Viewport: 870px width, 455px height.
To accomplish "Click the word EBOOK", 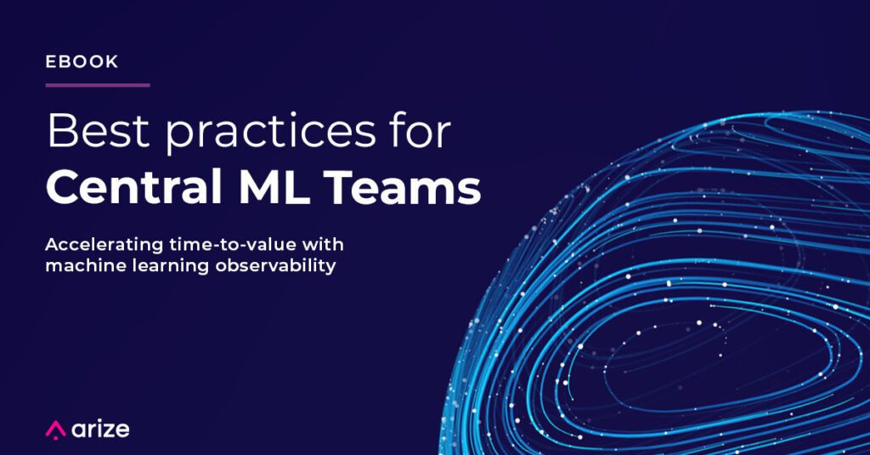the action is tap(82, 62).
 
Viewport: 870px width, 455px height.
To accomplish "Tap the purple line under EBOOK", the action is tap(98, 85).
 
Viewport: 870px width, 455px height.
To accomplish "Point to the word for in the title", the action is tap(421, 130).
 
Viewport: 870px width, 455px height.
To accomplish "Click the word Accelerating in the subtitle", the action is tap(105, 246).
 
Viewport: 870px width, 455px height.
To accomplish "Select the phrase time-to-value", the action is tap(233, 244).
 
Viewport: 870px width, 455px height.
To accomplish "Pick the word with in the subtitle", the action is tap(323, 244).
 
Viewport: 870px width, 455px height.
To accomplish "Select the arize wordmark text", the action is tap(100, 429).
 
